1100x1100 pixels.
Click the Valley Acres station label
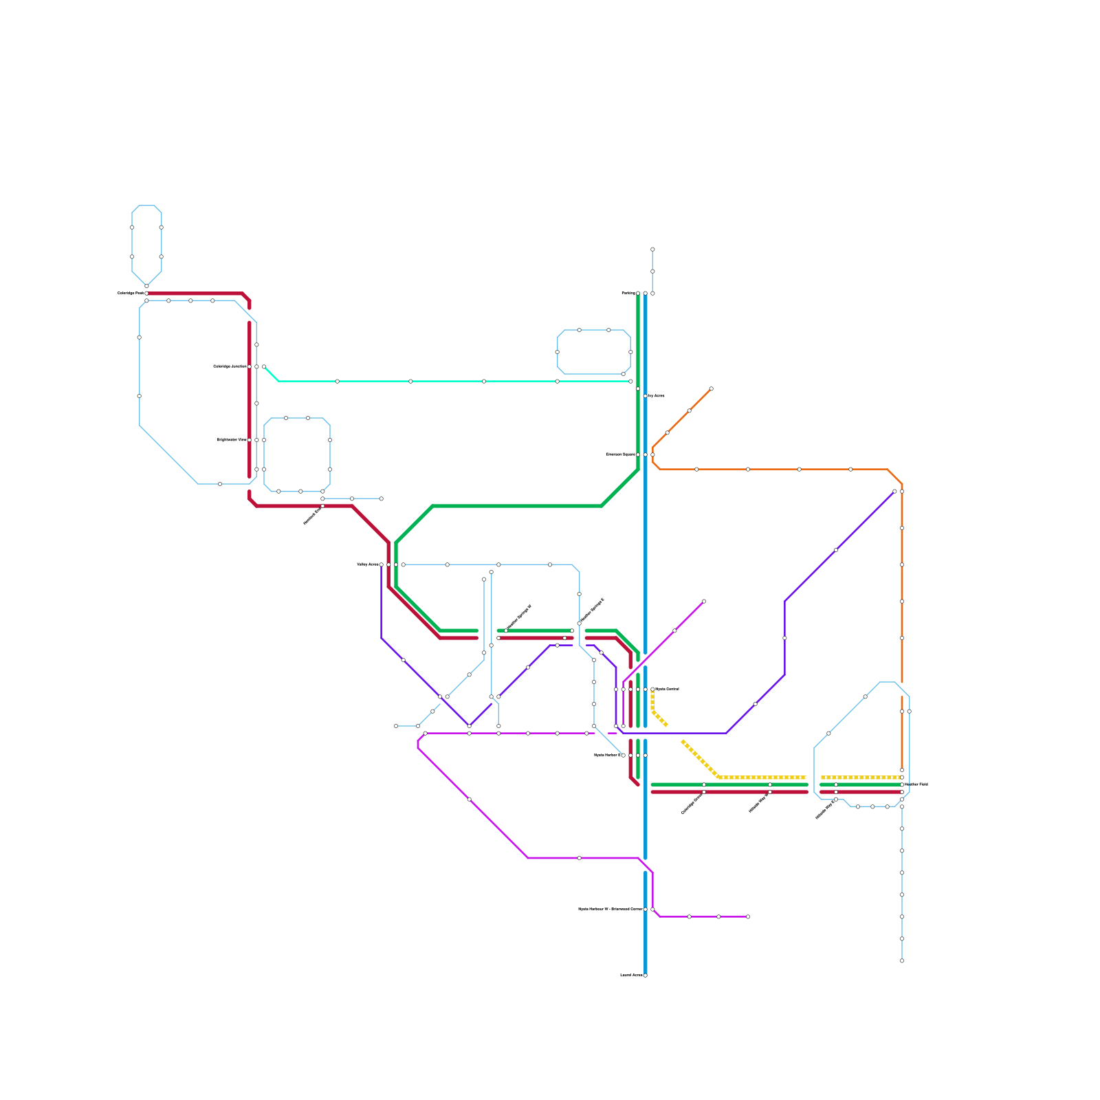[x=368, y=564]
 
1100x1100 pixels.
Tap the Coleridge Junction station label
[x=230, y=366]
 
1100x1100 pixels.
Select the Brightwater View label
[x=232, y=440]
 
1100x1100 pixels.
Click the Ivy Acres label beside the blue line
[x=657, y=396]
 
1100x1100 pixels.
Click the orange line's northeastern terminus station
[x=711, y=389]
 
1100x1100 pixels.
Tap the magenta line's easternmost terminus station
[x=747, y=916]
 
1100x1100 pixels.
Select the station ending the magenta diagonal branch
[x=703, y=602]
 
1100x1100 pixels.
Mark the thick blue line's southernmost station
[x=645, y=975]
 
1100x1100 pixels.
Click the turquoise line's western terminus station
[x=264, y=367]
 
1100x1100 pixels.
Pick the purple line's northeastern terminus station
[x=894, y=492]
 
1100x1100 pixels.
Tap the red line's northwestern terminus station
[x=146, y=294]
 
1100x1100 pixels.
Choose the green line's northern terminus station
[x=638, y=294]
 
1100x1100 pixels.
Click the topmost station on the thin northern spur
[x=652, y=250]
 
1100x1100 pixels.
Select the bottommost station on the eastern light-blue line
[x=902, y=960]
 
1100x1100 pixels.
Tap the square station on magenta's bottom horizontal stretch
[x=579, y=858]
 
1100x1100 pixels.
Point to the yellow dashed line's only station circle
[x=652, y=689]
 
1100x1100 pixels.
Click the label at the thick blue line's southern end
[x=631, y=975]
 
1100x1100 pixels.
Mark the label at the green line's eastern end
[x=917, y=784]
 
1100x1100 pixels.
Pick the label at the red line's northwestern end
[x=130, y=294]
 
